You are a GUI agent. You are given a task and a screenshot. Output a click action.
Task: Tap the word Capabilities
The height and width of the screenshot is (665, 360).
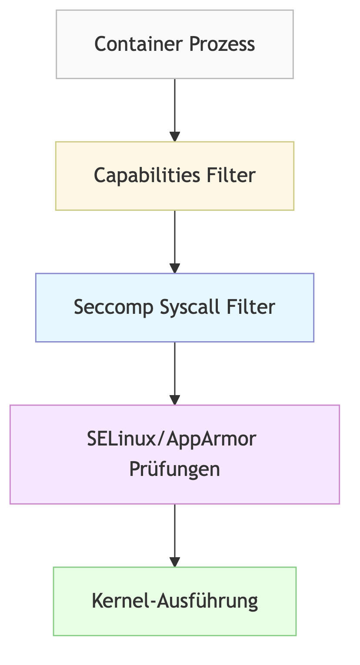point(147,176)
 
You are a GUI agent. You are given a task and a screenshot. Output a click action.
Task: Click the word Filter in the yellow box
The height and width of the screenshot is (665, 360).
point(231,176)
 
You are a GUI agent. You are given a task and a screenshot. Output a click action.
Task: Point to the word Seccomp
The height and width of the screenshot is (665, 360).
point(113,307)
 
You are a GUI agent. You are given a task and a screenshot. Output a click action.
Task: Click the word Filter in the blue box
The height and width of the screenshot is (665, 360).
point(251,307)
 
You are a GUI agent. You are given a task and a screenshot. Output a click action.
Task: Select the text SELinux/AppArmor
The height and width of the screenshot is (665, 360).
point(171,439)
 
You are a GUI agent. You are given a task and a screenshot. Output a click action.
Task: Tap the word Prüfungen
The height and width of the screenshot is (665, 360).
point(174,469)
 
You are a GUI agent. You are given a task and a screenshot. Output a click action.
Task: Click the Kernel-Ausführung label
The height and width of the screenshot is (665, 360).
point(175,601)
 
